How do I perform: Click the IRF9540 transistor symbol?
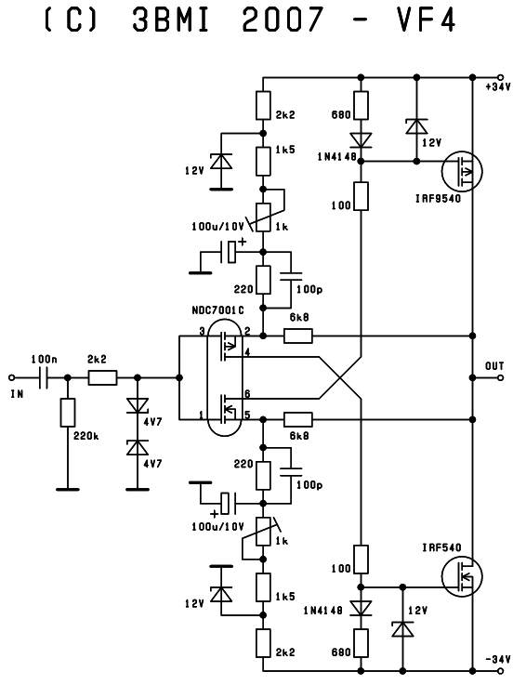[x=462, y=171]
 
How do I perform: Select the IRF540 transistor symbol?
[x=462, y=576]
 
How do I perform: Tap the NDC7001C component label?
[x=218, y=310]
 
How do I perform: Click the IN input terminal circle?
[x=12, y=377]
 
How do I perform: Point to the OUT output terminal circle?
[x=500, y=377]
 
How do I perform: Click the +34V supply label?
[x=497, y=87]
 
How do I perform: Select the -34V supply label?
[x=497, y=659]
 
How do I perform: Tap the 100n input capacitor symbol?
[x=44, y=377]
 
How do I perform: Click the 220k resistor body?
[x=68, y=413]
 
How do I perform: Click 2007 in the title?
[x=283, y=20]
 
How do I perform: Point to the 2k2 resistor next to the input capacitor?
[x=102, y=377]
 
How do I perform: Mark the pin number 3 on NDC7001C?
[x=203, y=331]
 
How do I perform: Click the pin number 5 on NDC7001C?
[x=247, y=415]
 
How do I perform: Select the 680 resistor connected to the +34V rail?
[x=361, y=105]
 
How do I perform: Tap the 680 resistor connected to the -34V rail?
[x=361, y=642]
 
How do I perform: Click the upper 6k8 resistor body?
[x=298, y=336]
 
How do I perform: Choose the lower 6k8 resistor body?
[x=298, y=420]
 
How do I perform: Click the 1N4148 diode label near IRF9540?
[x=337, y=156]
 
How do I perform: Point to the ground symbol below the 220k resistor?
[x=68, y=490]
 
